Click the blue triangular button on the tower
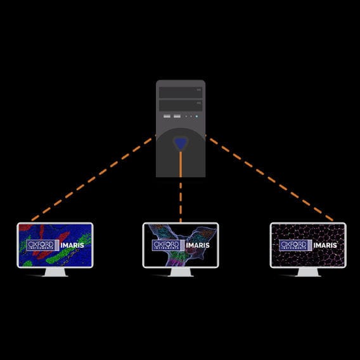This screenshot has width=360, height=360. (181, 143)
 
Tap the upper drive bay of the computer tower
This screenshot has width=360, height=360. (180, 92)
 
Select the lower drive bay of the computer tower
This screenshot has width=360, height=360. (180, 105)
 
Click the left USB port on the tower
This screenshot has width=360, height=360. (167, 117)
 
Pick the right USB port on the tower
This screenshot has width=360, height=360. (176, 117)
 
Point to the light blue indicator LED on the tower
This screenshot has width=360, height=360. (197, 117)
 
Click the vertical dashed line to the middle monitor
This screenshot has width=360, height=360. (181, 200)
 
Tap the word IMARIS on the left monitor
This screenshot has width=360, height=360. (72, 245)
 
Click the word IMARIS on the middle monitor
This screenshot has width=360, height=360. (199, 245)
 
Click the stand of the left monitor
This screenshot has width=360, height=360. (55, 272)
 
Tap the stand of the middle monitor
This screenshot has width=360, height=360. (181, 272)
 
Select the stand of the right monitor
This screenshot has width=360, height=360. (308, 272)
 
